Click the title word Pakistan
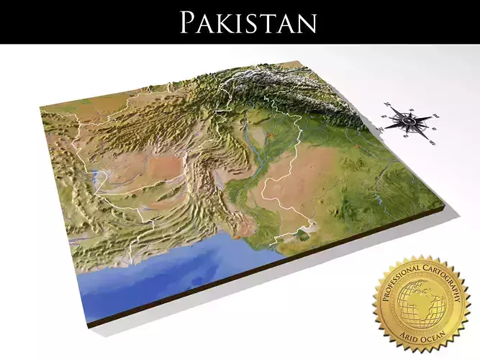coord(248,22)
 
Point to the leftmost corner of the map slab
coord(40,108)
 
